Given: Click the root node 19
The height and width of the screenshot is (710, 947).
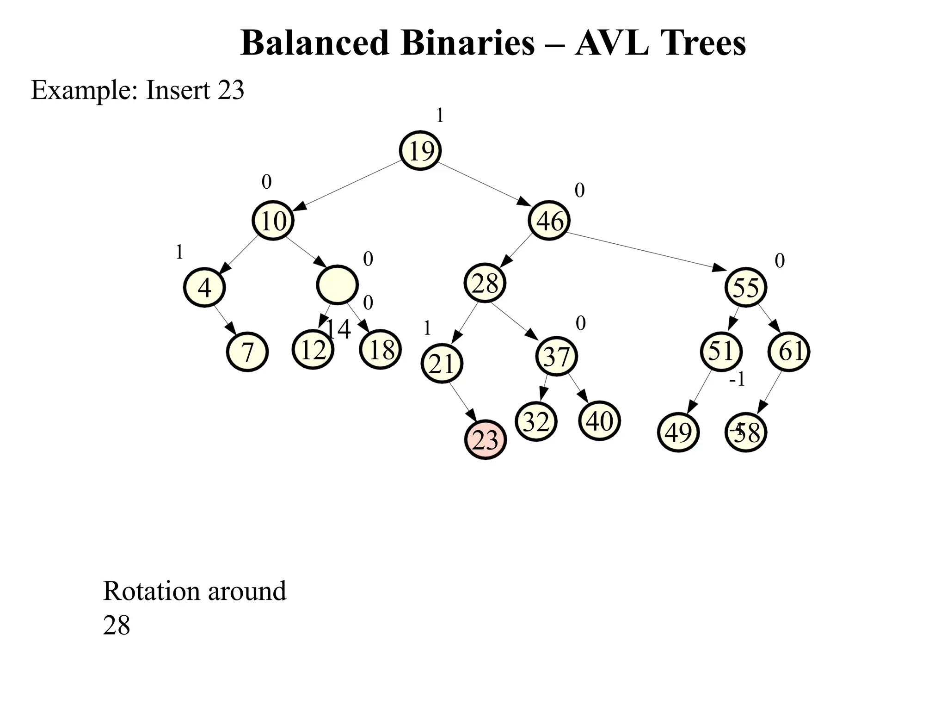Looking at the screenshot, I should tap(420, 150).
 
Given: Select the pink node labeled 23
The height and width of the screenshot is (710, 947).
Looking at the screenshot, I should tap(486, 439).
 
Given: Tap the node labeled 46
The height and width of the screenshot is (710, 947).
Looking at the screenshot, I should tap(549, 220).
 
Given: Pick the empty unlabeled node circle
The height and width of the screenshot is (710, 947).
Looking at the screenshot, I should tap(338, 285).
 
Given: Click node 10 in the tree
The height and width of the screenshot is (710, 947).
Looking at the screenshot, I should tap(273, 220).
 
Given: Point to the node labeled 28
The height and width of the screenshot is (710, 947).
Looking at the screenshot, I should tap(485, 283).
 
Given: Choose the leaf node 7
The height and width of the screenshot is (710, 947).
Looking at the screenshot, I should tap(247, 352).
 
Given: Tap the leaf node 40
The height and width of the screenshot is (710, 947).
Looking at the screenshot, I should tap(599, 421).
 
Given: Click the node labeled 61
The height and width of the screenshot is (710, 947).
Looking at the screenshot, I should tap(789, 352).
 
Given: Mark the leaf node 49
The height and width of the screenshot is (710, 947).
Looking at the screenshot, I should tap(678, 432).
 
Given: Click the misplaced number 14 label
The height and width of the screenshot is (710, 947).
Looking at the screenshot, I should tap(339, 329).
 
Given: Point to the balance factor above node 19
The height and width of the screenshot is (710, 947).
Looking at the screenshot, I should tap(440, 115).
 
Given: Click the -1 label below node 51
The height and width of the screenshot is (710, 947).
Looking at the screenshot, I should tap(737, 380).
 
